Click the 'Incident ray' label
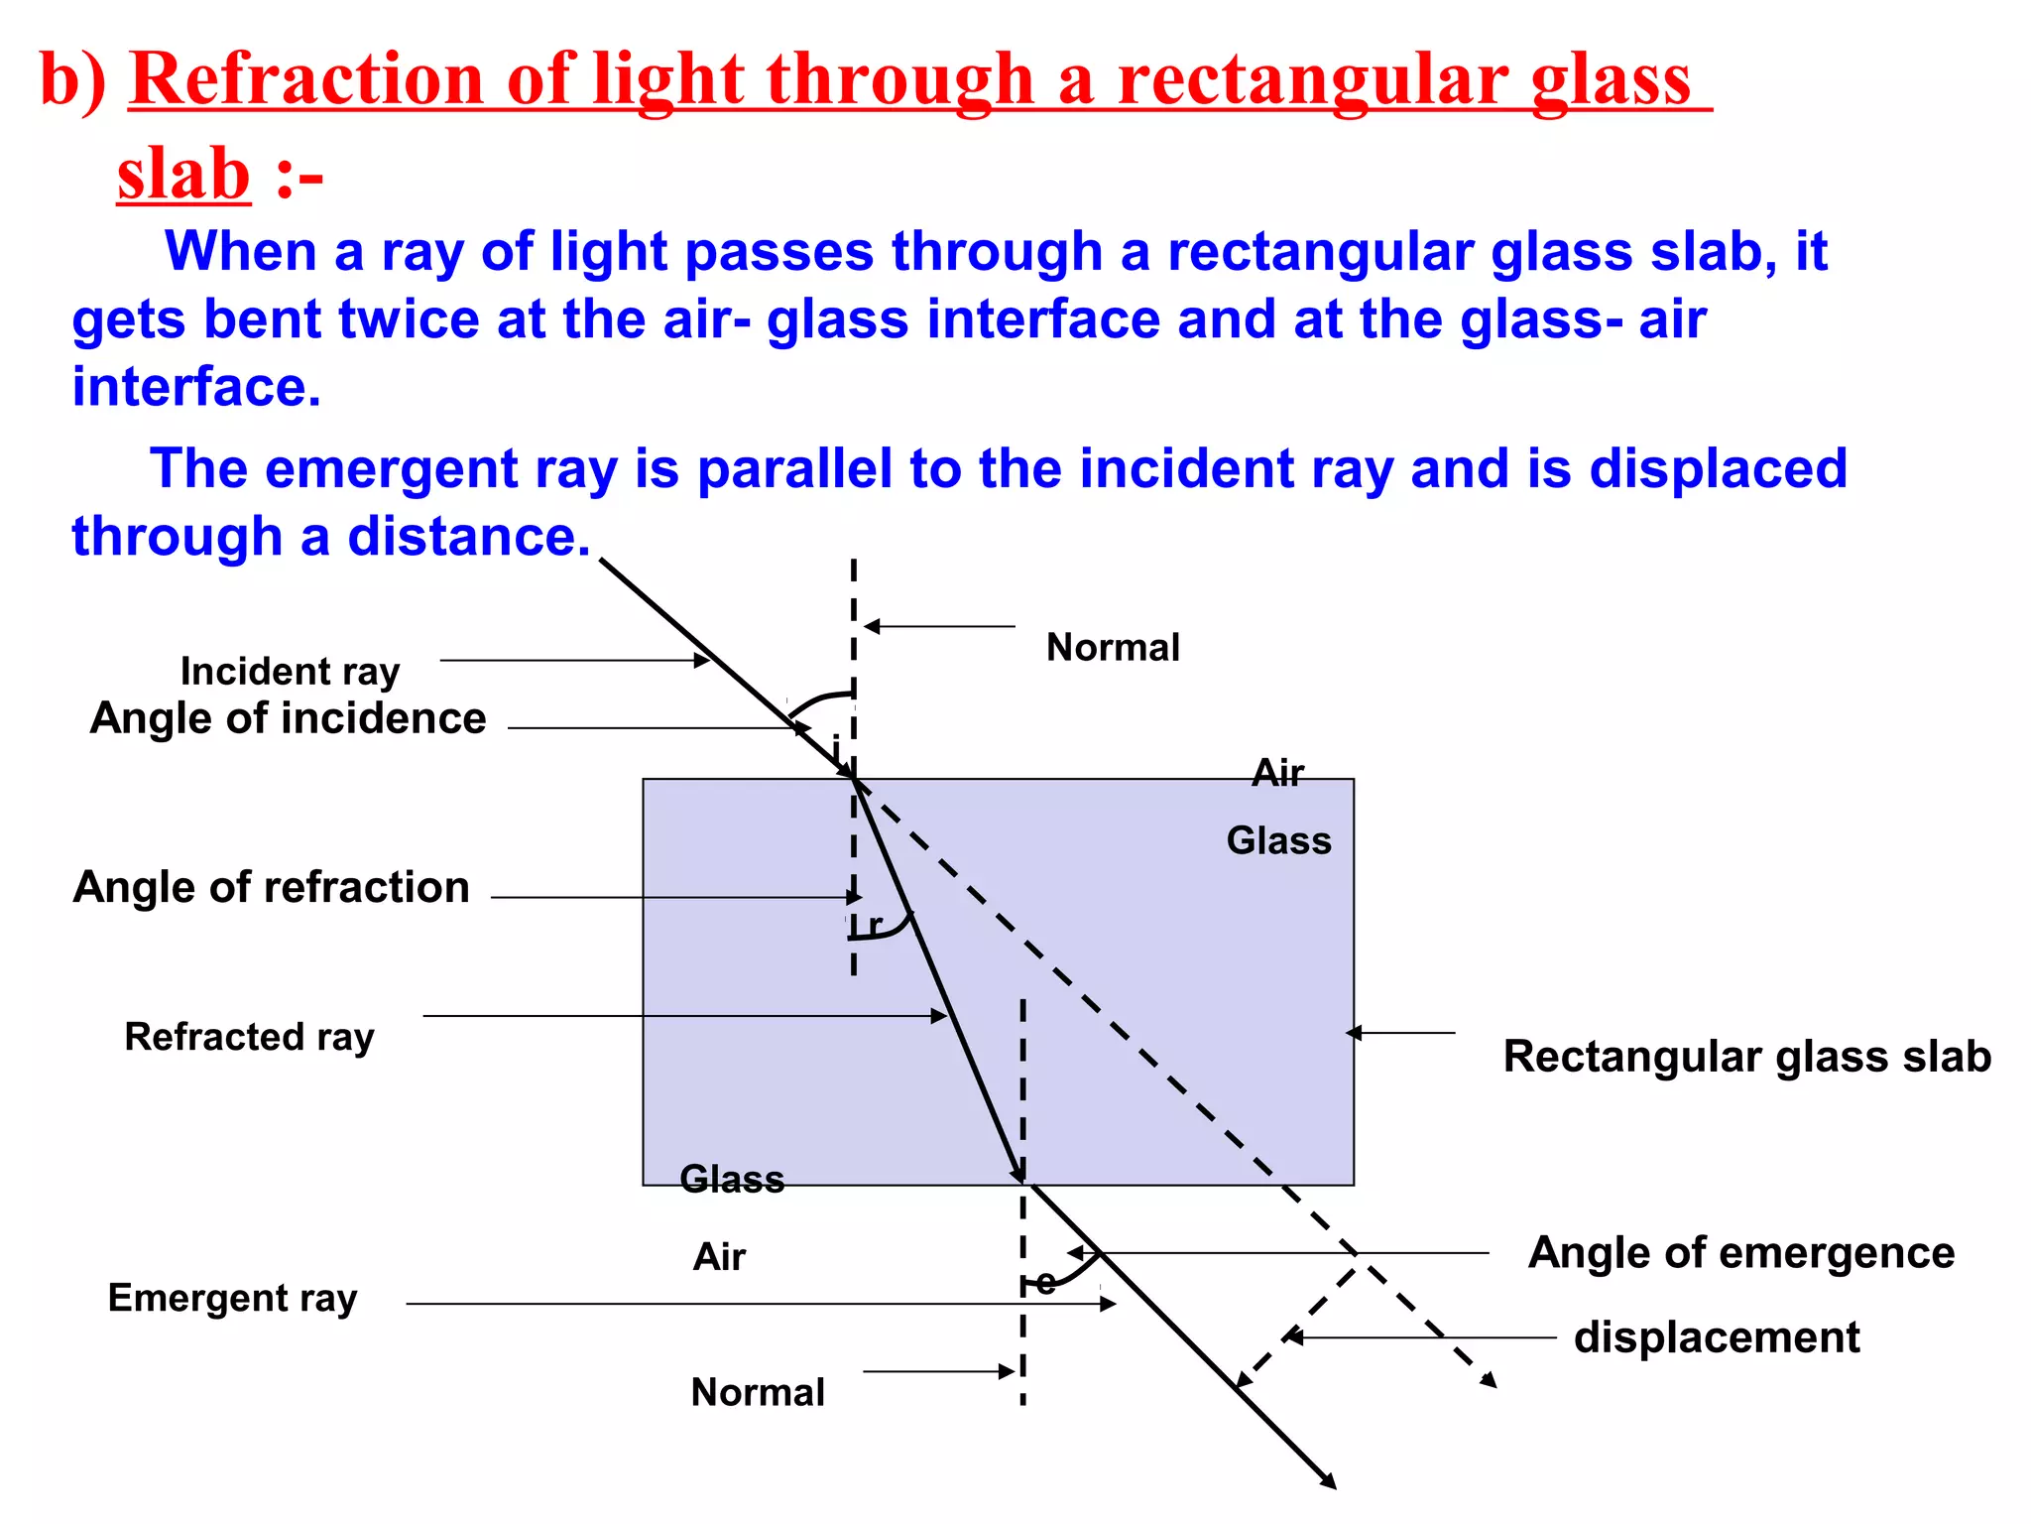[290, 672]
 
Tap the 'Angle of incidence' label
[288, 718]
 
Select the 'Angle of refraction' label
[271, 887]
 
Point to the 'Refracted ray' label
[249, 1037]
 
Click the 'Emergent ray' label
[232, 1298]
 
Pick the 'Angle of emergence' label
[1741, 1252]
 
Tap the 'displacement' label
[1717, 1337]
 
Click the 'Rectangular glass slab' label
[1746, 1057]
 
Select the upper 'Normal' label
[1113, 648]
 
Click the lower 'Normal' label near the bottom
[758, 1392]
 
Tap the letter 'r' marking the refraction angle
[875, 925]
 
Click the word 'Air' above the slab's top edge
[1277, 773]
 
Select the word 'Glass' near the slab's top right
[1278, 841]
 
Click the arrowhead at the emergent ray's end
[1329, 1481]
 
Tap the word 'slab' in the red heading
[183, 175]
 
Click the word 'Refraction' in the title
[307, 79]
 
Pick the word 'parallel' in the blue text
[794, 468]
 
